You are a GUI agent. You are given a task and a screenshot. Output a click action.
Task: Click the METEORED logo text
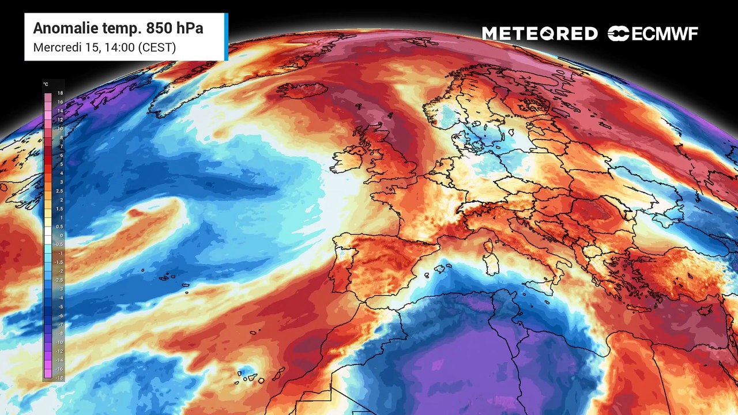point(540,33)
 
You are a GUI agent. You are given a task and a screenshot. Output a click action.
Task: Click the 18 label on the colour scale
point(60,93)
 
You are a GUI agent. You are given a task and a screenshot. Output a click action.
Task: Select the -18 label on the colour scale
point(59,378)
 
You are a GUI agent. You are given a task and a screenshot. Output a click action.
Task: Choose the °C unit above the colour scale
point(46,85)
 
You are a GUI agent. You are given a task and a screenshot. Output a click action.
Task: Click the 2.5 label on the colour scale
point(60,191)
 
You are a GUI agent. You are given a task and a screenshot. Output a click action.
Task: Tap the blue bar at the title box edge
point(226,37)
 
